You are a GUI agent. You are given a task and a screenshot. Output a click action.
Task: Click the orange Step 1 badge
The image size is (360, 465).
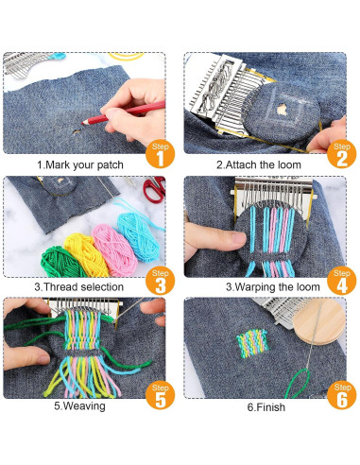coord(160,154)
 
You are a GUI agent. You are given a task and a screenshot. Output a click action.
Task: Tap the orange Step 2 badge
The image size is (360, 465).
coord(341,154)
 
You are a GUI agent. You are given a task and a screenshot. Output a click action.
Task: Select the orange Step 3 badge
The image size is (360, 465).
coord(160,281)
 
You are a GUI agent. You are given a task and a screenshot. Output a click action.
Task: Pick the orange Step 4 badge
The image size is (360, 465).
coord(341,281)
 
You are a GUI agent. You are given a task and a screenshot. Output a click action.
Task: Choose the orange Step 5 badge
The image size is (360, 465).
coord(160,395)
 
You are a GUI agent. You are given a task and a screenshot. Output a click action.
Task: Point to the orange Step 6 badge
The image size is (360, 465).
coord(341,395)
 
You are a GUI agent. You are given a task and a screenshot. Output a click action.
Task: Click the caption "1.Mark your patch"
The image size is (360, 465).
coord(80,165)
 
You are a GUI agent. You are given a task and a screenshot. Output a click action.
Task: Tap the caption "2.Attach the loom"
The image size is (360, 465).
coord(259,164)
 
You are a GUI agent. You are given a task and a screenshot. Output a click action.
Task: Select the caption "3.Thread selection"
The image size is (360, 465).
coord(78,287)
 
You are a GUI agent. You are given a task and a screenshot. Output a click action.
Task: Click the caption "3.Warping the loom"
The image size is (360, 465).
coord(273,287)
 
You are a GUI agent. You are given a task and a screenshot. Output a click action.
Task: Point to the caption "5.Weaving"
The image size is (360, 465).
coord(79,405)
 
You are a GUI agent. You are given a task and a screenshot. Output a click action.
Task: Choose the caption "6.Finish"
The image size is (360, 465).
coord(266,407)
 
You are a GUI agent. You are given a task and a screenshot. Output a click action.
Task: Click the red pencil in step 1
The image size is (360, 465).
coord(124,112)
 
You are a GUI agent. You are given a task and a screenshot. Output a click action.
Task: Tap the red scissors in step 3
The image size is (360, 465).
coord(155,189)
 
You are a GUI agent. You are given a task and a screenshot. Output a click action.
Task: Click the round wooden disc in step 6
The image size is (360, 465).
coord(318,321)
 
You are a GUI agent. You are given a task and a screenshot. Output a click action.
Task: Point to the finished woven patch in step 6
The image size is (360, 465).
coord(252,344)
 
